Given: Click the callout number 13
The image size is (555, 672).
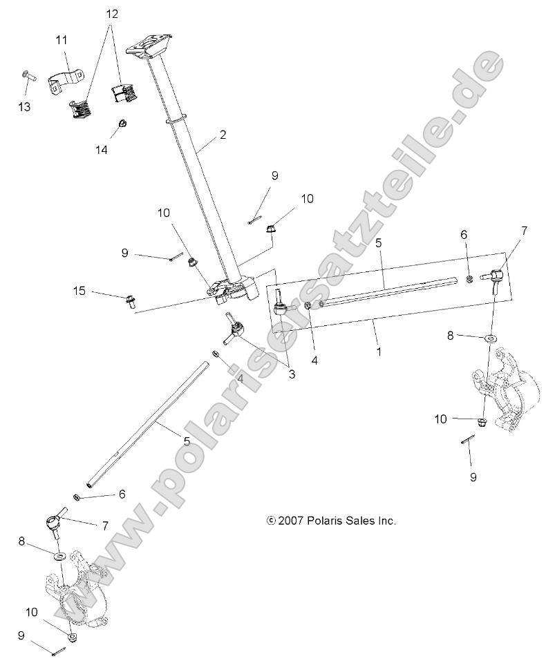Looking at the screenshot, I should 25,107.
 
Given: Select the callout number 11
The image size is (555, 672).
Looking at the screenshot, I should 62,40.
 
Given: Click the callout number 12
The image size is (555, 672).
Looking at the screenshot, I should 111,14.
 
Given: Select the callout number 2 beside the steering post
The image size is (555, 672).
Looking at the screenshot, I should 223,135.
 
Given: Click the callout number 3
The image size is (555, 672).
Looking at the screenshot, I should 292,374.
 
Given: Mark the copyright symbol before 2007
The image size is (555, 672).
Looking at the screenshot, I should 271,521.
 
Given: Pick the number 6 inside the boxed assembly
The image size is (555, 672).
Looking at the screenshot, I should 464,254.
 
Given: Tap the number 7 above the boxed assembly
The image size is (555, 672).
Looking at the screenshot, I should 524,231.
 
